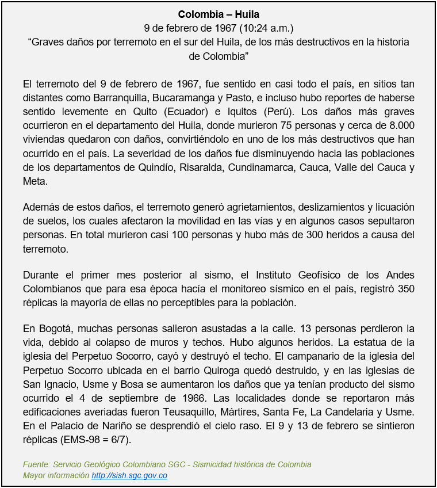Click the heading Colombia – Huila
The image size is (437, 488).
[x=218, y=14]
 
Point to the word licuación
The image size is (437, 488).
[x=392, y=207]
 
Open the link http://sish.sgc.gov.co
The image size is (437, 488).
[x=129, y=475]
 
